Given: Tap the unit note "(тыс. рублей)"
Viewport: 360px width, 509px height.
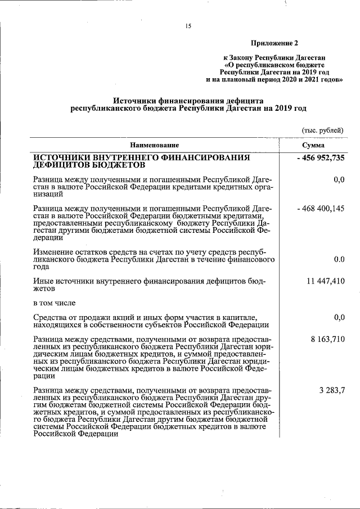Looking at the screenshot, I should [x=323, y=130].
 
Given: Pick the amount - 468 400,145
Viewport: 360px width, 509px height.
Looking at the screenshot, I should [x=321, y=209].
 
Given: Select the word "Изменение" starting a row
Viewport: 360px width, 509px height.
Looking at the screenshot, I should [x=52, y=252].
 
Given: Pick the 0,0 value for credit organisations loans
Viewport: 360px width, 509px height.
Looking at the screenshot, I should [x=339, y=179].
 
